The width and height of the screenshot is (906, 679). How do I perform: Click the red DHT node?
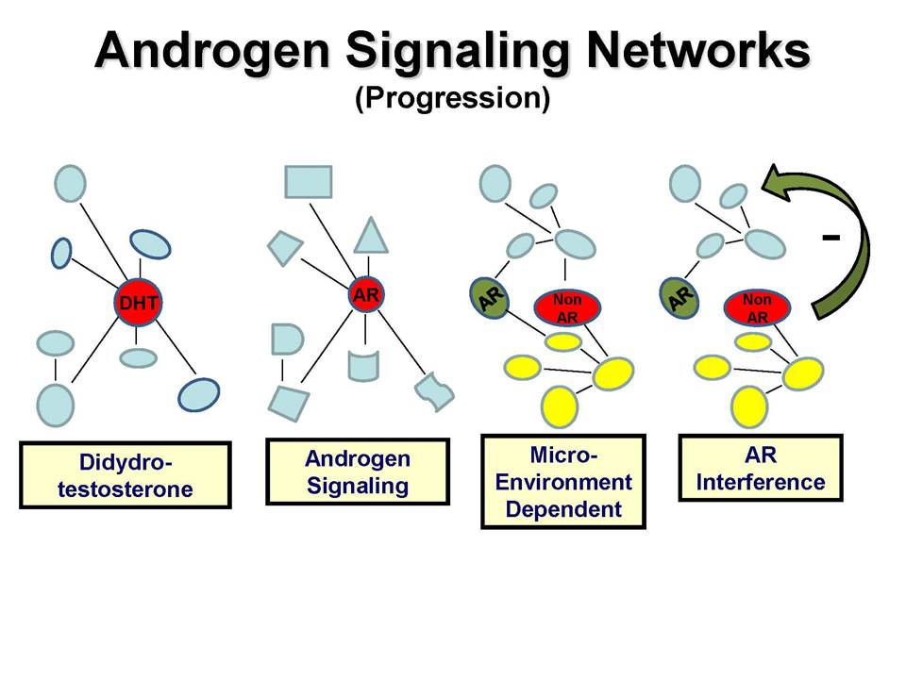[x=138, y=302]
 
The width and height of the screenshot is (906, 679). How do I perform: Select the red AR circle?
[x=366, y=295]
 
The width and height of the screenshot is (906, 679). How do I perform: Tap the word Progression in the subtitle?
[x=452, y=97]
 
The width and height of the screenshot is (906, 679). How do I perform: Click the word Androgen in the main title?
[x=212, y=50]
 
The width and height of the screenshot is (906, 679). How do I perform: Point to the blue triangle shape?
[x=371, y=237]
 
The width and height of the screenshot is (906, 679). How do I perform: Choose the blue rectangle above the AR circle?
[x=309, y=182]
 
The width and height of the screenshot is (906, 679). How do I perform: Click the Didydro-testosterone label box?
[x=126, y=475]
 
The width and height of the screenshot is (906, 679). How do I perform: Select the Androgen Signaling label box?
[x=358, y=472]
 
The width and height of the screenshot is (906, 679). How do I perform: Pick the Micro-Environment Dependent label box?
[x=563, y=482]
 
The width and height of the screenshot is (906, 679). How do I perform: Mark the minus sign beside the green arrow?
[x=830, y=237]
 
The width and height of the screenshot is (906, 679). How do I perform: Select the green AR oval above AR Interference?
[x=679, y=298]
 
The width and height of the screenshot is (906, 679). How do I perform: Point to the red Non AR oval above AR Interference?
[x=757, y=307]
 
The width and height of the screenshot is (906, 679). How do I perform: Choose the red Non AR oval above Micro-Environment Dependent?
[x=567, y=307]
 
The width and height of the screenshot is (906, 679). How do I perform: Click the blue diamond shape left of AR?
[x=285, y=248]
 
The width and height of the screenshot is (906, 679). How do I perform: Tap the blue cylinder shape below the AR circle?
[x=363, y=366]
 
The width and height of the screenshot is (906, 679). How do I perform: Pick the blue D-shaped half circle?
[x=287, y=339]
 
